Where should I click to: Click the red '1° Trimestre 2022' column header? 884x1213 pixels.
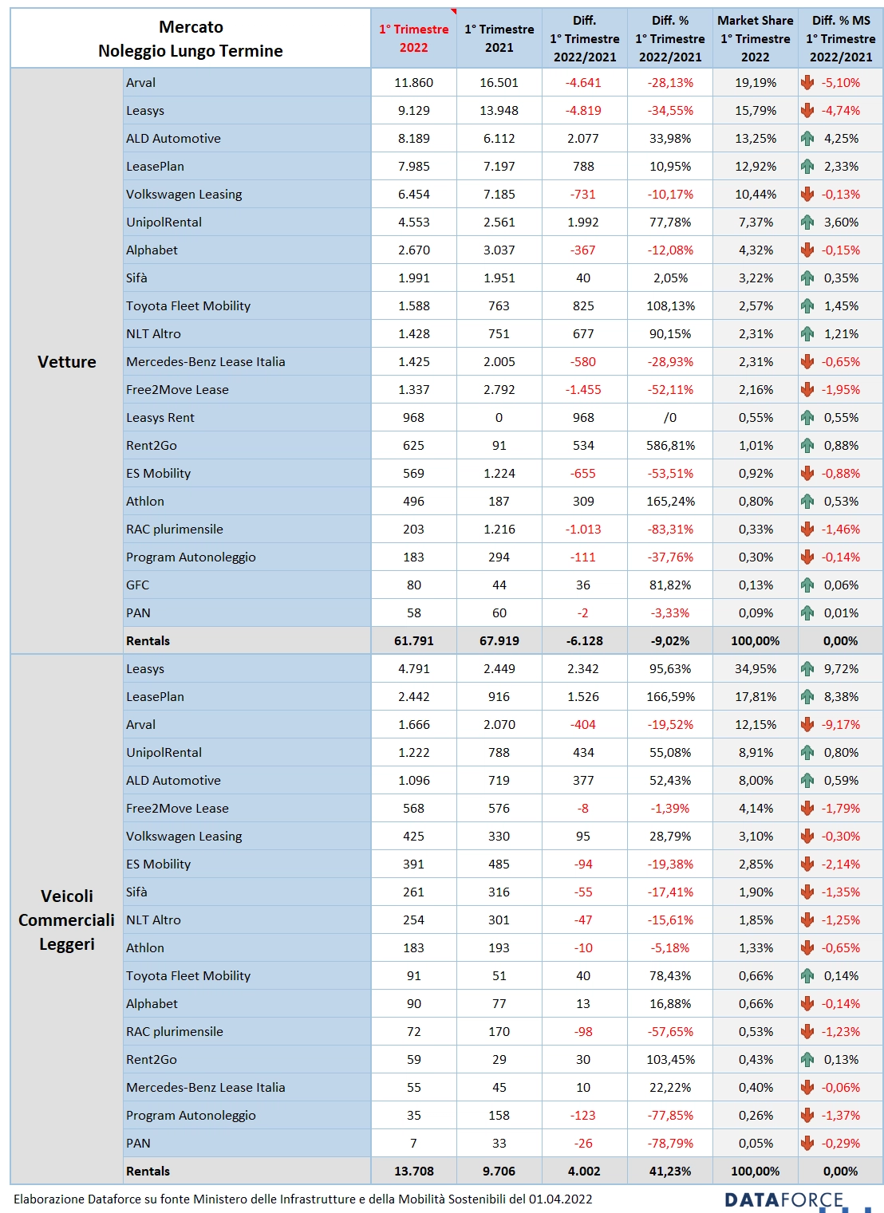click(x=413, y=38)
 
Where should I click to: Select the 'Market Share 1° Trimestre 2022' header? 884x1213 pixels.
click(x=755, y=38)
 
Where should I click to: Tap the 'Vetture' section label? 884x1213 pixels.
click(x=67, y=362)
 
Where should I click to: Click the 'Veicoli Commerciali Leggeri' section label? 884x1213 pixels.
click(x=67, y=920)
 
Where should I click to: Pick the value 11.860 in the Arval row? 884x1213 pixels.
click(x=413, y=83)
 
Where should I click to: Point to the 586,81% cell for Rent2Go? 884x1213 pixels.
click(x=670, y=446)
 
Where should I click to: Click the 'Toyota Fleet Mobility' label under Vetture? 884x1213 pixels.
click(x=188, y=306)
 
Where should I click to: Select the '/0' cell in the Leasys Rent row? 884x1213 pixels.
click(x=670, y=418)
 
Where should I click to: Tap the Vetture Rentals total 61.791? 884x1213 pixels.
click(x=413, y=640)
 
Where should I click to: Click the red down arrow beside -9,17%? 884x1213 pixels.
click(x=807, y=725)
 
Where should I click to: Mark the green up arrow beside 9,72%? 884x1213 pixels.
click(x=807, y=669)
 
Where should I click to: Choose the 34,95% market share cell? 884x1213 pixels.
click(x=755, y=669)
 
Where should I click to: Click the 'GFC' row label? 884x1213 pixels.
click(x=137, y=585)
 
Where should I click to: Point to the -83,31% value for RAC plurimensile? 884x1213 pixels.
click(x=670, y=529)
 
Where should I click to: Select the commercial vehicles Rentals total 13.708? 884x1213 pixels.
click(x=413, y=1171)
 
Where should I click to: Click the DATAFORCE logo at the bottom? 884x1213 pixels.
click(x=783, y=1199)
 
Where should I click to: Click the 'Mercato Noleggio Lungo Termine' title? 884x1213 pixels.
click(x=190, y=38)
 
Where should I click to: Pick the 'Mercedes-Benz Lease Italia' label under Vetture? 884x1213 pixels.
click(x=205, y=362)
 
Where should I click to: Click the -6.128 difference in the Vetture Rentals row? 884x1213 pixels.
click(x=584, y=640)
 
